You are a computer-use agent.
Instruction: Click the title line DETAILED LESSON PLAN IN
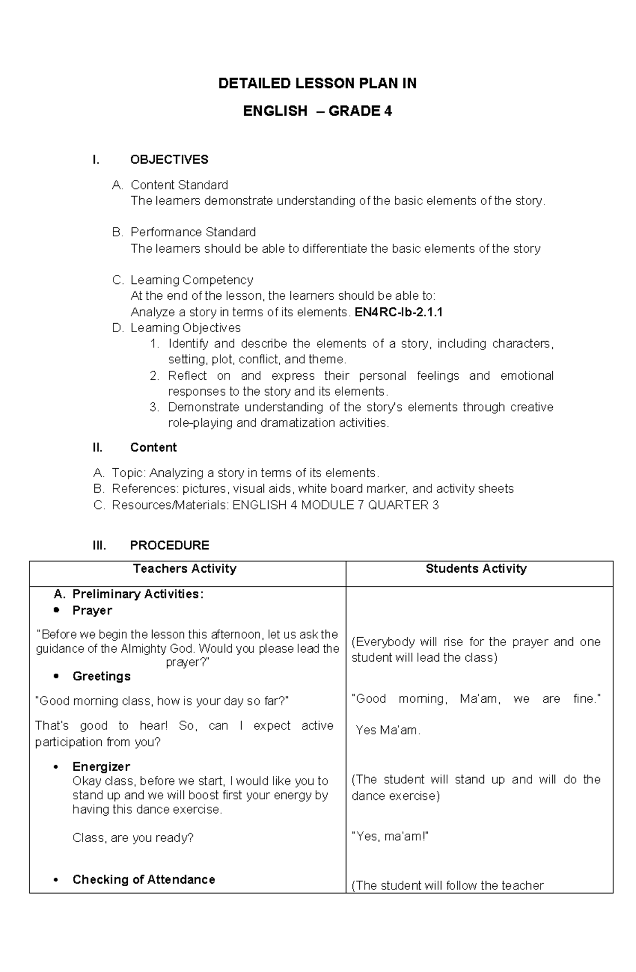pos(317,83)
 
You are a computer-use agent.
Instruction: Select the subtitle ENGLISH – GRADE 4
pos(317,111)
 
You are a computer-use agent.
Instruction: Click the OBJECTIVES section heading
pos(169,159)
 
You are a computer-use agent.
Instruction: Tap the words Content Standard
pos(179,185)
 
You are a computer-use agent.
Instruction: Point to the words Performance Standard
pos(193,232)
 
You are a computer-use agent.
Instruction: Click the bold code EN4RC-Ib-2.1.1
pos(398,312)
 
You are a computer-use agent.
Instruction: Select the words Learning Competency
pos(191,280)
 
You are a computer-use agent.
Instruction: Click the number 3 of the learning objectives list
pos(154,407)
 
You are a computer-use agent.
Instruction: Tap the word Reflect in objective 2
pos(187,376)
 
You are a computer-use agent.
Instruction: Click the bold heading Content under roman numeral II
pos(153,448)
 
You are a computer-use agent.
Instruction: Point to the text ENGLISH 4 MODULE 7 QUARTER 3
pos(335,505)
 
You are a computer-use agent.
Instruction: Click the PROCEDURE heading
pos(169,545)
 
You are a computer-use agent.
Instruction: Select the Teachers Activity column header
pos(184,569)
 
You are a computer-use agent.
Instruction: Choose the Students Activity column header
pos(476,569)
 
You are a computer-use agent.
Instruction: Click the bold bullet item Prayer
pos(92,610)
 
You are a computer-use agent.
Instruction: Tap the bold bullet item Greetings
pos(101,676)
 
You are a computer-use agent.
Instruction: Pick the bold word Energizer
pos(101,766)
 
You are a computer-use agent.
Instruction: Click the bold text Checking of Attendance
pos(144,879)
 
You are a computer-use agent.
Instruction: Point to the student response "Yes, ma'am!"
pos(390,836)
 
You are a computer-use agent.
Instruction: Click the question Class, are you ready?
pos(133,837)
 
